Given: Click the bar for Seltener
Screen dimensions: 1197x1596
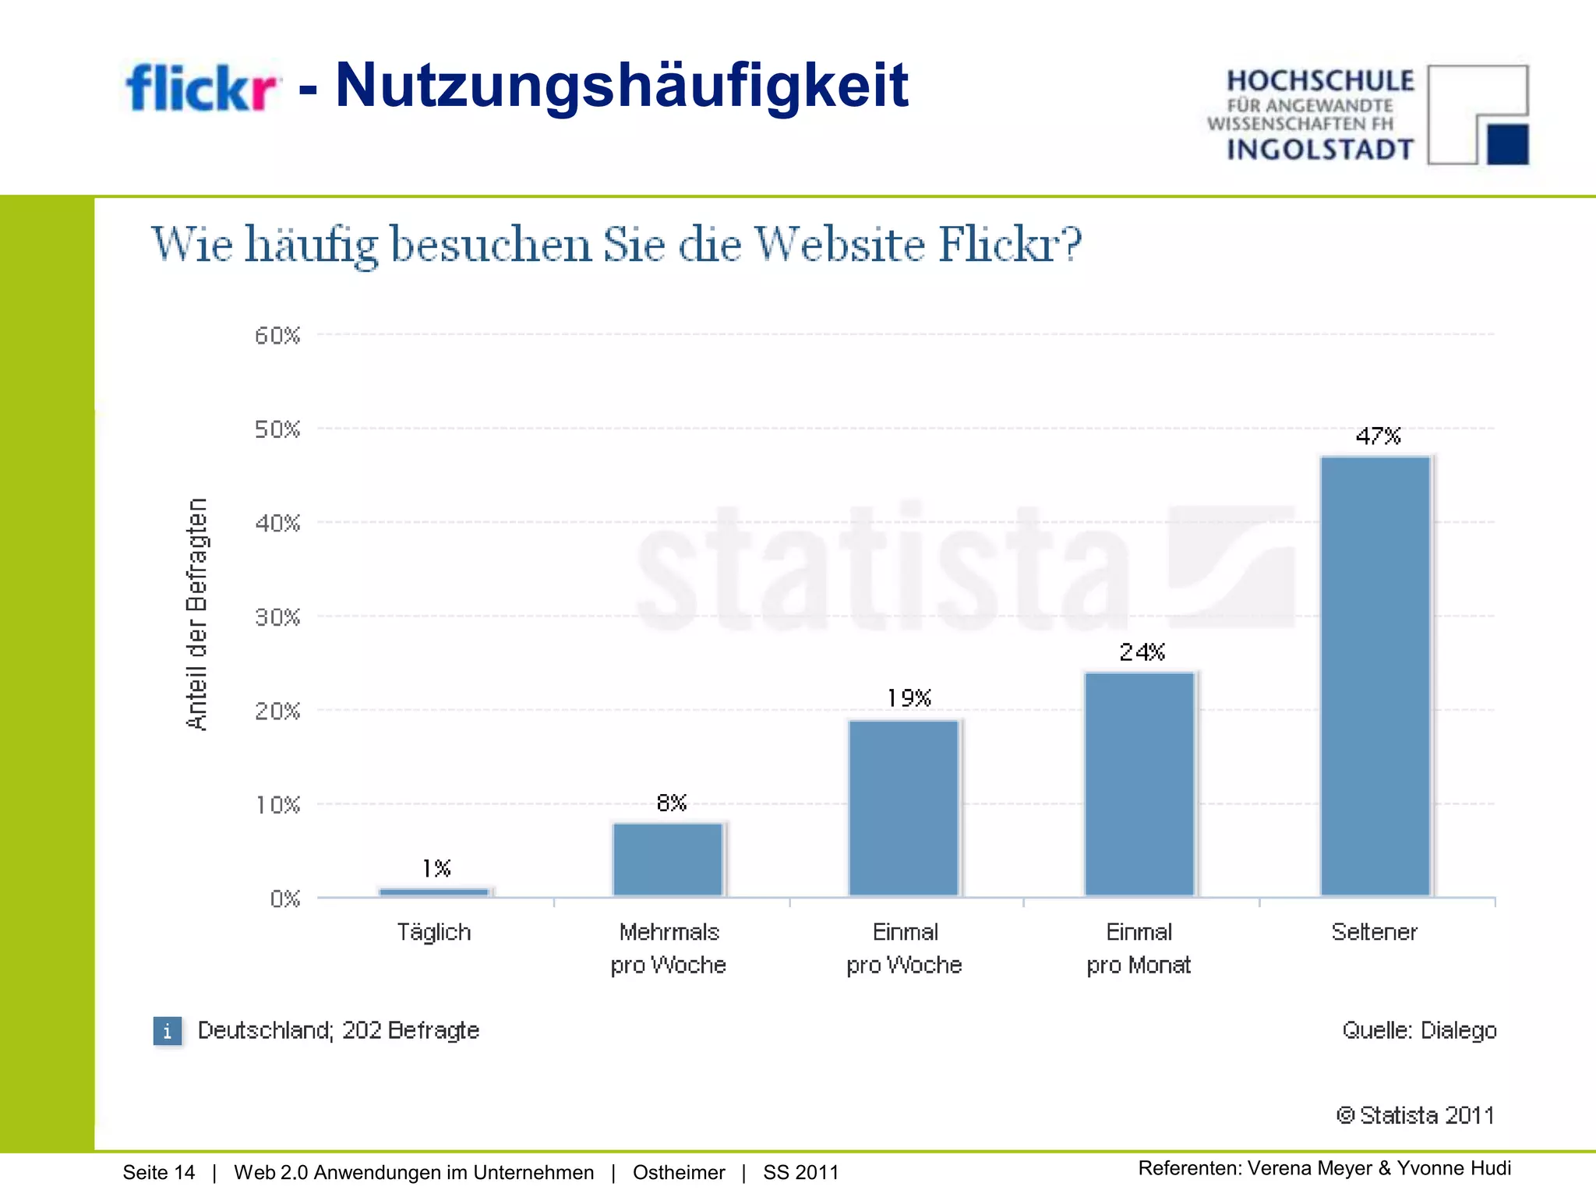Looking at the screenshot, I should point(1375,676).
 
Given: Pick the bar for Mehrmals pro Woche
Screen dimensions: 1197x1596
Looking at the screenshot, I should point(668,859).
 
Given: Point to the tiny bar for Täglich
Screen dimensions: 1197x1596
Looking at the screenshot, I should point(434,892).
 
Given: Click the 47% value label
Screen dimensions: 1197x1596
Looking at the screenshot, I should point(1378,436).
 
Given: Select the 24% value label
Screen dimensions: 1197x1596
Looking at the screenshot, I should point(1142,652).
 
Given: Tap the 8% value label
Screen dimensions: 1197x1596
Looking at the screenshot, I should point(671,803).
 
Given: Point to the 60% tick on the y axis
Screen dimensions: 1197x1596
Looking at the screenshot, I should point(277,336).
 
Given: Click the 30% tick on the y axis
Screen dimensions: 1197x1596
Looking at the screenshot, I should point(277,618).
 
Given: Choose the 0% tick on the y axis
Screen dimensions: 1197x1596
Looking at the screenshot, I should point(285,899).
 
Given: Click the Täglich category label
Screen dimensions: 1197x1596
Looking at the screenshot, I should point(434,932).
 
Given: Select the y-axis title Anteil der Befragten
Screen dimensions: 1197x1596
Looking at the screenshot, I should point(197,614).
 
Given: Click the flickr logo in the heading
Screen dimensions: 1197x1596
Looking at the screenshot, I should point(201,87).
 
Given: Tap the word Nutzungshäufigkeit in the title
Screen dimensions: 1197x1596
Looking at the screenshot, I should point(621,85).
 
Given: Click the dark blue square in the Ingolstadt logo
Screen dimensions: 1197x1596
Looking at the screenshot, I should point(1507,144).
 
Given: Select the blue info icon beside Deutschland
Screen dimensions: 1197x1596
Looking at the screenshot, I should point(167,1031).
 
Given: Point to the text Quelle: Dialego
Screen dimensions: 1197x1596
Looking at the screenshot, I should point(1419,1030).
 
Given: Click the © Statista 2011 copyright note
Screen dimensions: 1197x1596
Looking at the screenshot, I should point(1415,1115).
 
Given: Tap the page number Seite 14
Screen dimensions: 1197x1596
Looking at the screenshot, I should point(159,1173).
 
